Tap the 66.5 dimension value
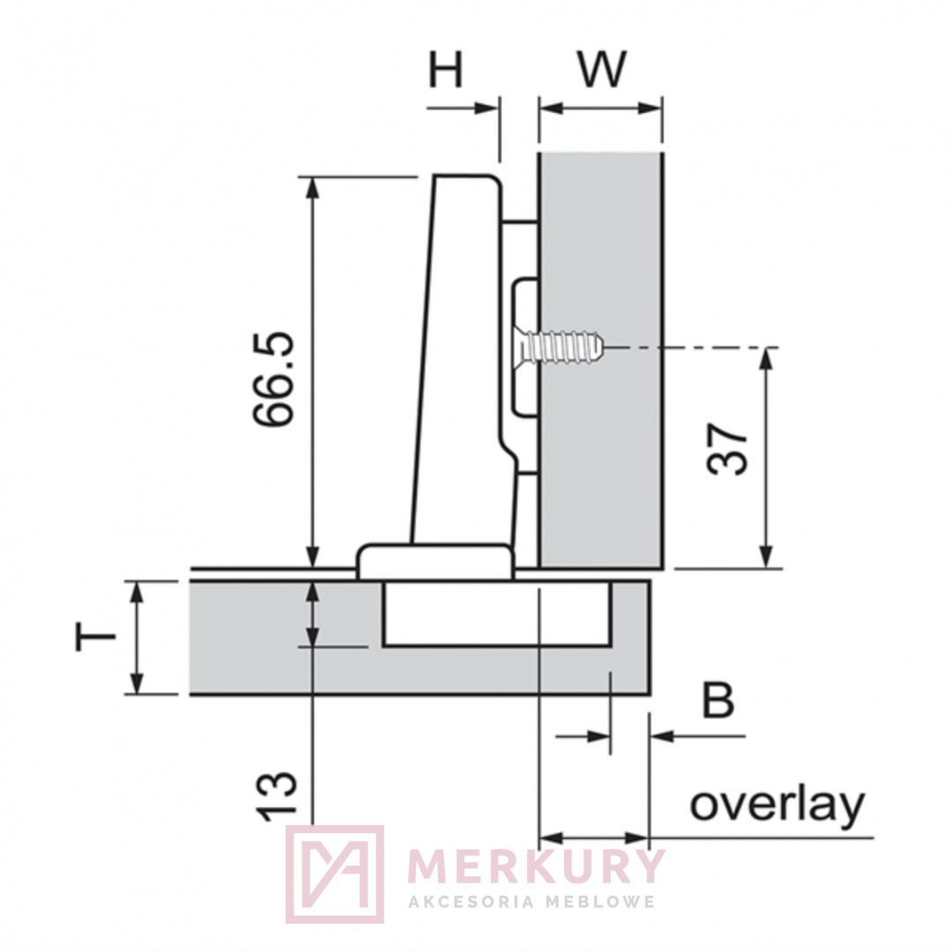click(274, 379)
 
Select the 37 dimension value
click(727, 450)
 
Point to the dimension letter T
click(94, 637)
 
